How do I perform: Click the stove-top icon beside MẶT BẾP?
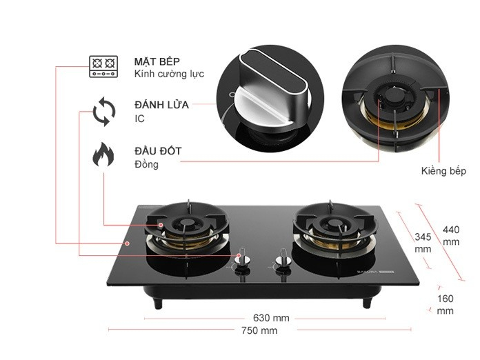point(104,66)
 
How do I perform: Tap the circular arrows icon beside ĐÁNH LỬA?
point(104,112)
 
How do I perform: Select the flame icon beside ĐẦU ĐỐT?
point(103,156)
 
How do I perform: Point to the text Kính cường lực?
point(170,74)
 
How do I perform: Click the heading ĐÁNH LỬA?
point(161,105)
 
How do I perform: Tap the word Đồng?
point(147,164)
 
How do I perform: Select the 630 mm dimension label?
point(272,318)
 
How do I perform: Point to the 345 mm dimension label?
point(423,242)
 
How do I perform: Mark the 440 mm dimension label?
point(451,235)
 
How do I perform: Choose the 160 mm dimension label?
point(446,304)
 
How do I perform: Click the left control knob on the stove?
point(241,258)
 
